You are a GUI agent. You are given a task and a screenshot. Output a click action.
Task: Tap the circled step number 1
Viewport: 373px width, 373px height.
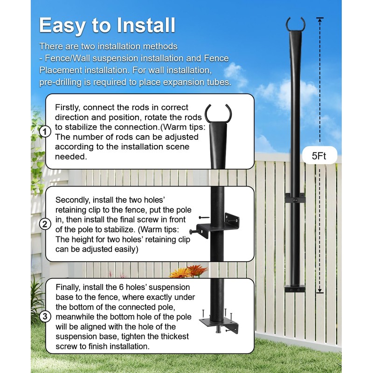pyautogui.click(x=45, y=132)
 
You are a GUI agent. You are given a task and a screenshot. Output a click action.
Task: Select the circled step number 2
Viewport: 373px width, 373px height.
pyautogui.click(x=45, y=224)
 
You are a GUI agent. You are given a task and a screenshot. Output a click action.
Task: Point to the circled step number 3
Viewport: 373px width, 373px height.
pyautogui.click(x=45, y=317)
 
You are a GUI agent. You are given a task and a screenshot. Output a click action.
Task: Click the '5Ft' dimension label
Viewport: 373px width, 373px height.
pyautogui.click(x=319, y=156)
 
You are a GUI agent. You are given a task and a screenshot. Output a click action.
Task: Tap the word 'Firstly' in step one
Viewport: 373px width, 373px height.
pyautogui.click(x=69, y=107)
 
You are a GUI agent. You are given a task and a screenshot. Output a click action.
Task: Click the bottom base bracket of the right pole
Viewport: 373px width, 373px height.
pyautogui.click(x=295, y=289)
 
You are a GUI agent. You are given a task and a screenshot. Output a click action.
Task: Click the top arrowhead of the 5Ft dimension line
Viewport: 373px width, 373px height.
pyautogui.click(x=319, y=19)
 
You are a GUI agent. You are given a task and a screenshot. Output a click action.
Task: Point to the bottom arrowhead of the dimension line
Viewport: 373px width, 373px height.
pyautogui.click(x=319, y=291)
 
